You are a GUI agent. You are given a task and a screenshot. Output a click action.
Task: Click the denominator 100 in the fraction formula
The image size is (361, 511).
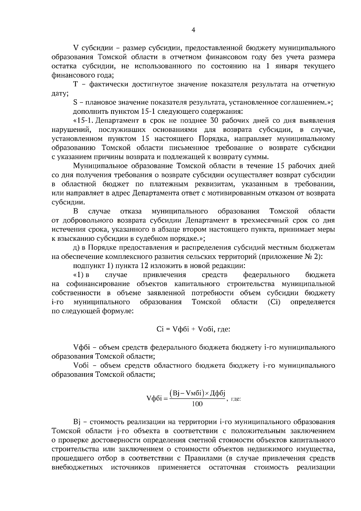click(197, 404)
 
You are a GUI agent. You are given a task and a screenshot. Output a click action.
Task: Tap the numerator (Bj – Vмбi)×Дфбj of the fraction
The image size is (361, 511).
click(197, 393)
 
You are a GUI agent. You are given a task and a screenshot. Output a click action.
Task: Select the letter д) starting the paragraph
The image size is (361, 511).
click(76, 248)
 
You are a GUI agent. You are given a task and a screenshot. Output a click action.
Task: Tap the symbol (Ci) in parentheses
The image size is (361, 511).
click(274, 302)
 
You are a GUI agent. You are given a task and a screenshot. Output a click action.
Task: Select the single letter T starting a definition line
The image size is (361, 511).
click(76, 84)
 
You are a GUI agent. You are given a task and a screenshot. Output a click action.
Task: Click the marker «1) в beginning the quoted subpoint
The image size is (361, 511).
click(81, 275)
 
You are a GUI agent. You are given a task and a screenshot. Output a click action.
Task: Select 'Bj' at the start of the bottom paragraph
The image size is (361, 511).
click(76, 422)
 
